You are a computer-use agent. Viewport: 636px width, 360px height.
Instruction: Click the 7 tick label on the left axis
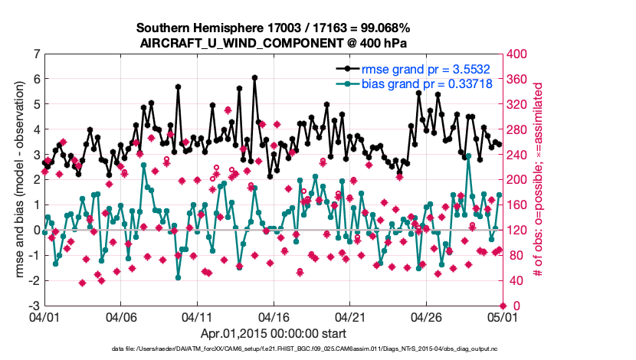pyautogui.click(x=36, y=54)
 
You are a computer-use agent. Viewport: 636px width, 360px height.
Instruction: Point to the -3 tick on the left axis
pyautogui.click(x=34, y=306)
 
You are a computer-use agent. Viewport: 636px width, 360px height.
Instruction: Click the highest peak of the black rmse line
pyautogui.click(x=254, y=77)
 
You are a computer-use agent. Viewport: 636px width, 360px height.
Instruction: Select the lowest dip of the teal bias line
pyautogui.click(x=178, y=277)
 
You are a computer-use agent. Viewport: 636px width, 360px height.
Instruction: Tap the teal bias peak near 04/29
pyautogui.click(x=469, y=155)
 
